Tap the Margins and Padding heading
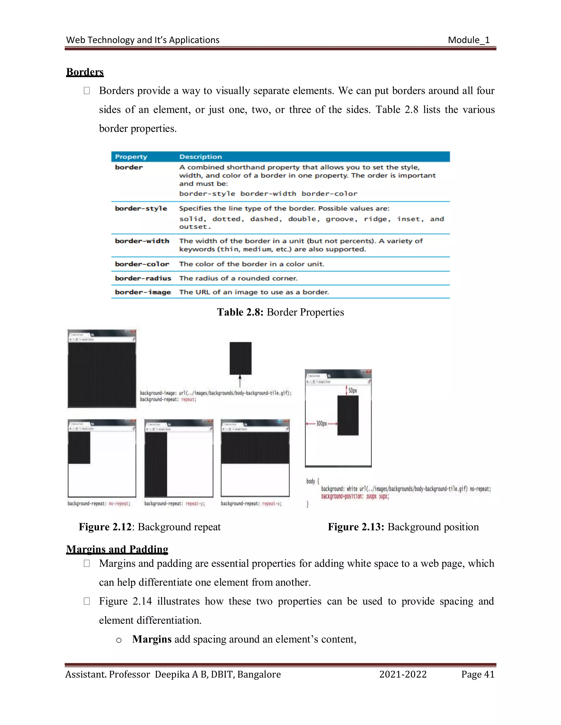click(x=117, y=549)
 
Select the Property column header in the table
click(x=131, y=157)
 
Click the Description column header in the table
click(x=201, y=157)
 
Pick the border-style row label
click(x=141, y=208)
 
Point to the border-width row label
click(x=142, y=241)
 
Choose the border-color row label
click(x=142, y=264)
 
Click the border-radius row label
click(x=143, y=279)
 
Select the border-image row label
click(x=143, y=292)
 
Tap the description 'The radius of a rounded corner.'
click(x=238, y=279)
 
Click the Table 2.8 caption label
click(x=240, y=312)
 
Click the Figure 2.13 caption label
click(x=356, y=527)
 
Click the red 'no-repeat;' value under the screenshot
click(x=119, y=504)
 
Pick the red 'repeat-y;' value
click(x=195, y=504)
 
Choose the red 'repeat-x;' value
click(x=272, y=504)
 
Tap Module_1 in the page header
click(x=469, y=40)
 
